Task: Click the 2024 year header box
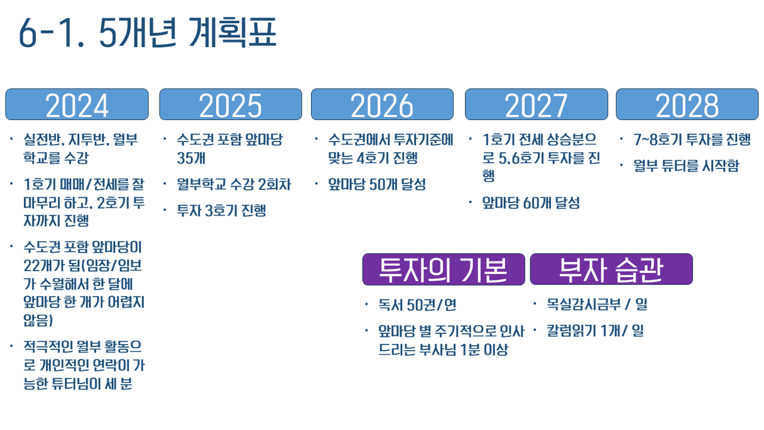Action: click(x=77, y=104)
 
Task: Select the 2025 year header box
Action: click(x=231, y=104)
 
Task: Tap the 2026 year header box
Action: click(x=383, y=104)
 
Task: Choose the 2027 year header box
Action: click(x=537, y=104)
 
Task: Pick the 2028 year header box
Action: click(x=687, y=104)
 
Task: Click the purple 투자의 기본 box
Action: click(x=444, y=269)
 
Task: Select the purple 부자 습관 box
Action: click(x=611, y=269)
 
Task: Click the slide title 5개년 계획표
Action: click(x=188, y=33)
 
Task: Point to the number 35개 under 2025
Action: click(x=191, y=158)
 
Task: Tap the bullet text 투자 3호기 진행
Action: click(x=221, y=210)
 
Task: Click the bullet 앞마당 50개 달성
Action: click(x=377, y=184)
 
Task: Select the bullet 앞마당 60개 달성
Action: click(x=531, y=202)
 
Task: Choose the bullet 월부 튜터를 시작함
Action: click(x=686, y=166)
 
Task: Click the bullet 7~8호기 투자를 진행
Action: click(x=692, y=140)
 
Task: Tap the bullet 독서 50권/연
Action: click(x=417, y=305)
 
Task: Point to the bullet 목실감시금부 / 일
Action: click(x=598, y=304)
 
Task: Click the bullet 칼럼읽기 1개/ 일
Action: click(x=595, y=330)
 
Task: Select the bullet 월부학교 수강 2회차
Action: click(x=234, y=184)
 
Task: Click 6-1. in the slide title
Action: click(x=51, y=33)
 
